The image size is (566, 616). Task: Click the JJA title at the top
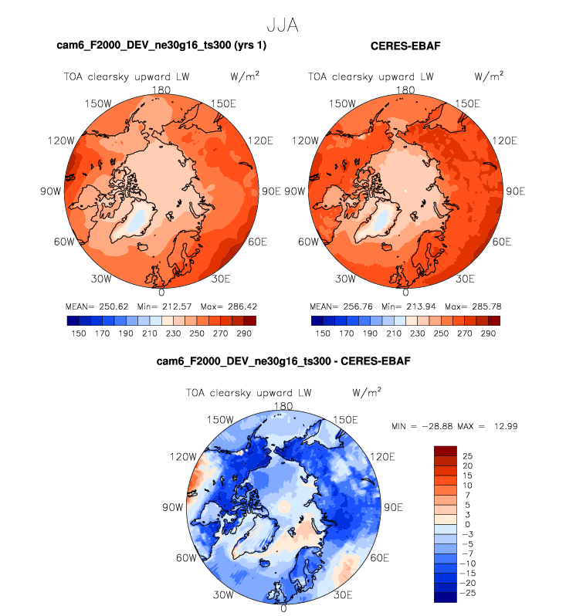pos(282,25)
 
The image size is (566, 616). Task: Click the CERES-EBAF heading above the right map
pos(405,47)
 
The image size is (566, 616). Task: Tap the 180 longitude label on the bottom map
pos(283,406)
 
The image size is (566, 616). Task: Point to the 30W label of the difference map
pos(224,594)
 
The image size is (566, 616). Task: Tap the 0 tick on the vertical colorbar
pos(466,523)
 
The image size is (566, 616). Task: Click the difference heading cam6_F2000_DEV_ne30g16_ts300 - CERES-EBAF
pos(283,360)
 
